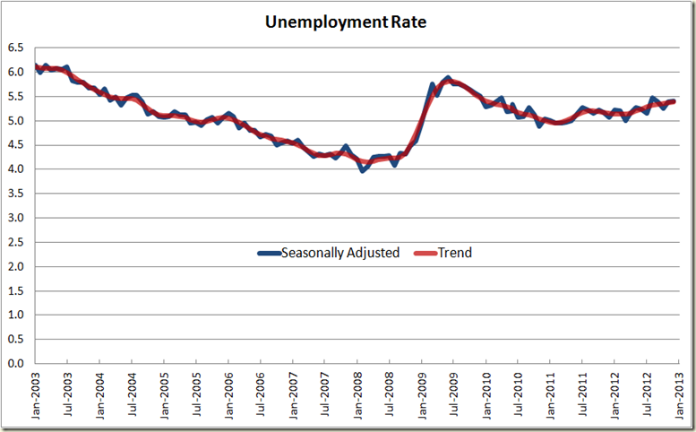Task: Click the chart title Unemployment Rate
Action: [x=346, y=22]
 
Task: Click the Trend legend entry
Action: [x=453, y=253]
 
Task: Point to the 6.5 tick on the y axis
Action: [x=16, y=48]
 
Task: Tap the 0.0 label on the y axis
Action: [x=16, y=364]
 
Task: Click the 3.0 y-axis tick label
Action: [x=16, y=218]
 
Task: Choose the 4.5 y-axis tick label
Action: [x=16, y=145]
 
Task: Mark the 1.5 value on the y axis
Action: [x=16, y=291]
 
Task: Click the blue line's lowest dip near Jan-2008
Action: [x=362, y=169]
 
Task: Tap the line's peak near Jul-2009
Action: [x=448, y=78]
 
